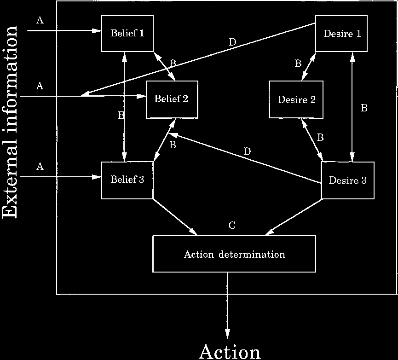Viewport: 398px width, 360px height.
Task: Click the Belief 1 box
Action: [x=127, y=33]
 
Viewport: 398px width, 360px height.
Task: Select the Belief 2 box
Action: [x=172, y=99]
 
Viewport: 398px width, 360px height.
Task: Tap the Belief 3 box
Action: [x=127, y=180]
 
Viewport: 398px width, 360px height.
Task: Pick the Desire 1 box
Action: [x=341, y=34]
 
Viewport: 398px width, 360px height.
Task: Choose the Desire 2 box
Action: [x=296, y=99]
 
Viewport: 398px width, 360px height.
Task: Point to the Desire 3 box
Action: [x=347, y=180]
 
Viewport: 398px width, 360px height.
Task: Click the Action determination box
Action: [x=234, y=254]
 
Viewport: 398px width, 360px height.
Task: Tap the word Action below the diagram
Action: [x=230, y=352]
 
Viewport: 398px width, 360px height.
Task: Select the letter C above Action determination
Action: [x=232, y=225]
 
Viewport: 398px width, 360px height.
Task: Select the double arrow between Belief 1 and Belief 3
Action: [x=124, y=106]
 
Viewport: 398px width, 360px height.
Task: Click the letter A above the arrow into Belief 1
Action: [x=40, y=21]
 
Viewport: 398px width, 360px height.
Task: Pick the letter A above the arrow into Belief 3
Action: [x=40, y=167]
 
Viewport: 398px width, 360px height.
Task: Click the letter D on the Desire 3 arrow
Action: [x=247, y=151]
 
